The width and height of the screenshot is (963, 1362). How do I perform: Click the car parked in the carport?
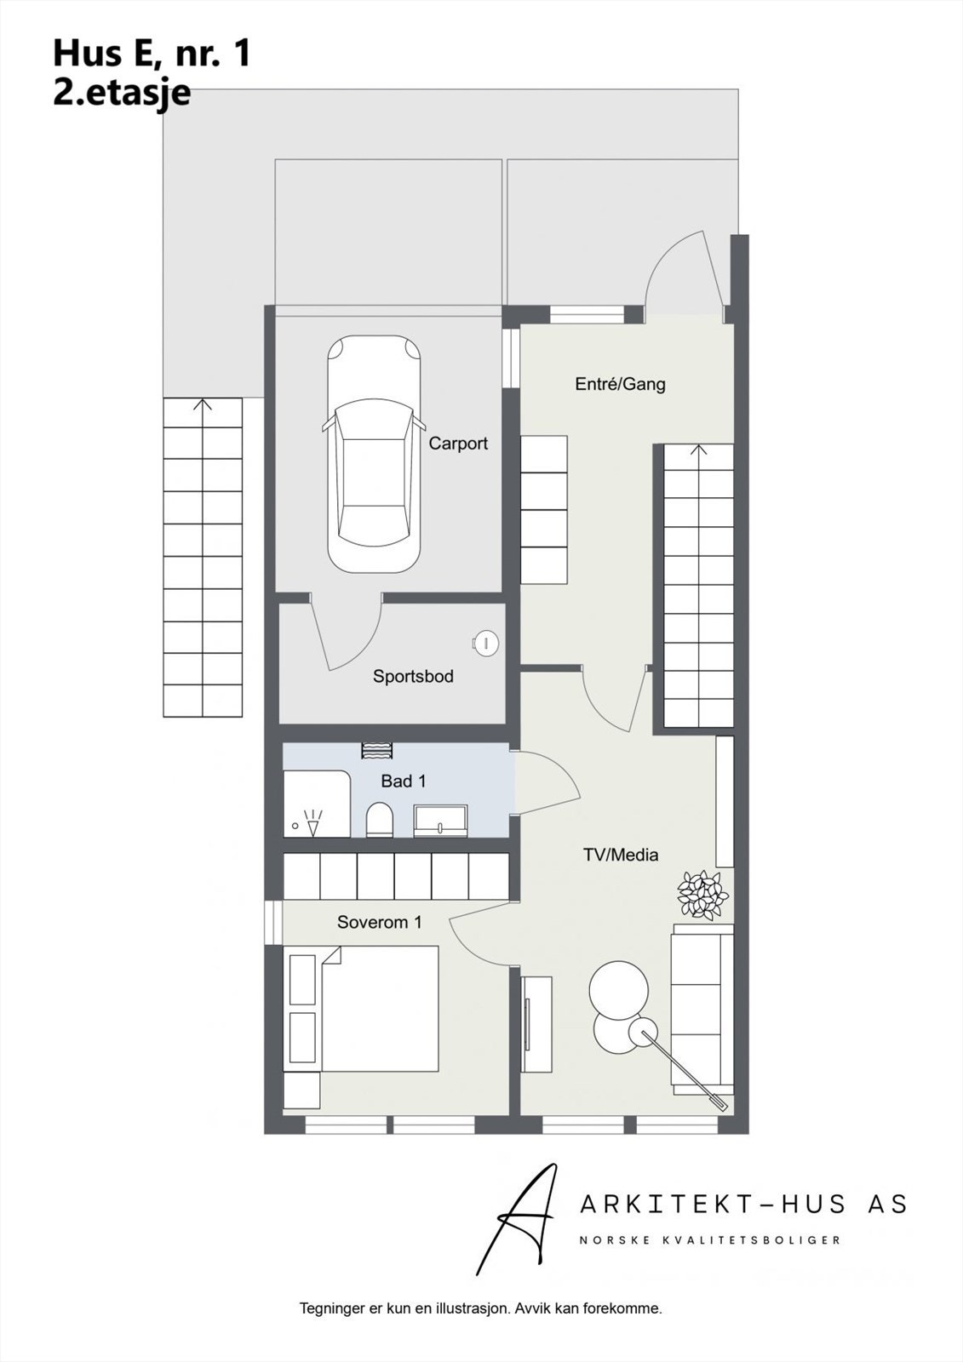(375, 454)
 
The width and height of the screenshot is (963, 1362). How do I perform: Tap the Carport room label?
(458, 444)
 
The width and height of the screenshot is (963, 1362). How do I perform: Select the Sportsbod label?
(413, 677)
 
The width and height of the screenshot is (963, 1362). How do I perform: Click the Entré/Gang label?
(620, 384)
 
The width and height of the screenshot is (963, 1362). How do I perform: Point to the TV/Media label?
(621, 855)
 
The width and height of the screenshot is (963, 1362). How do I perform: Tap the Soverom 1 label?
(379, 922)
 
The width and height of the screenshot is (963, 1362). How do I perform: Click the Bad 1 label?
(403, 781)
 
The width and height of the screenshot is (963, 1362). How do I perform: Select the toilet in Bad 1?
(379, 821)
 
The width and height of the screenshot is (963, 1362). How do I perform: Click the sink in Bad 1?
(440, 821)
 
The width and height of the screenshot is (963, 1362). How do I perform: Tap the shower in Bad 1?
(316, 804)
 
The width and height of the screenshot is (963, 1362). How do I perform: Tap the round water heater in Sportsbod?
(486, 643)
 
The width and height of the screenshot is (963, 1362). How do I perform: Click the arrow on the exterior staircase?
(203, 405)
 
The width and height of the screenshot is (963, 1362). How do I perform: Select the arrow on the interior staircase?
(699, 450)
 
